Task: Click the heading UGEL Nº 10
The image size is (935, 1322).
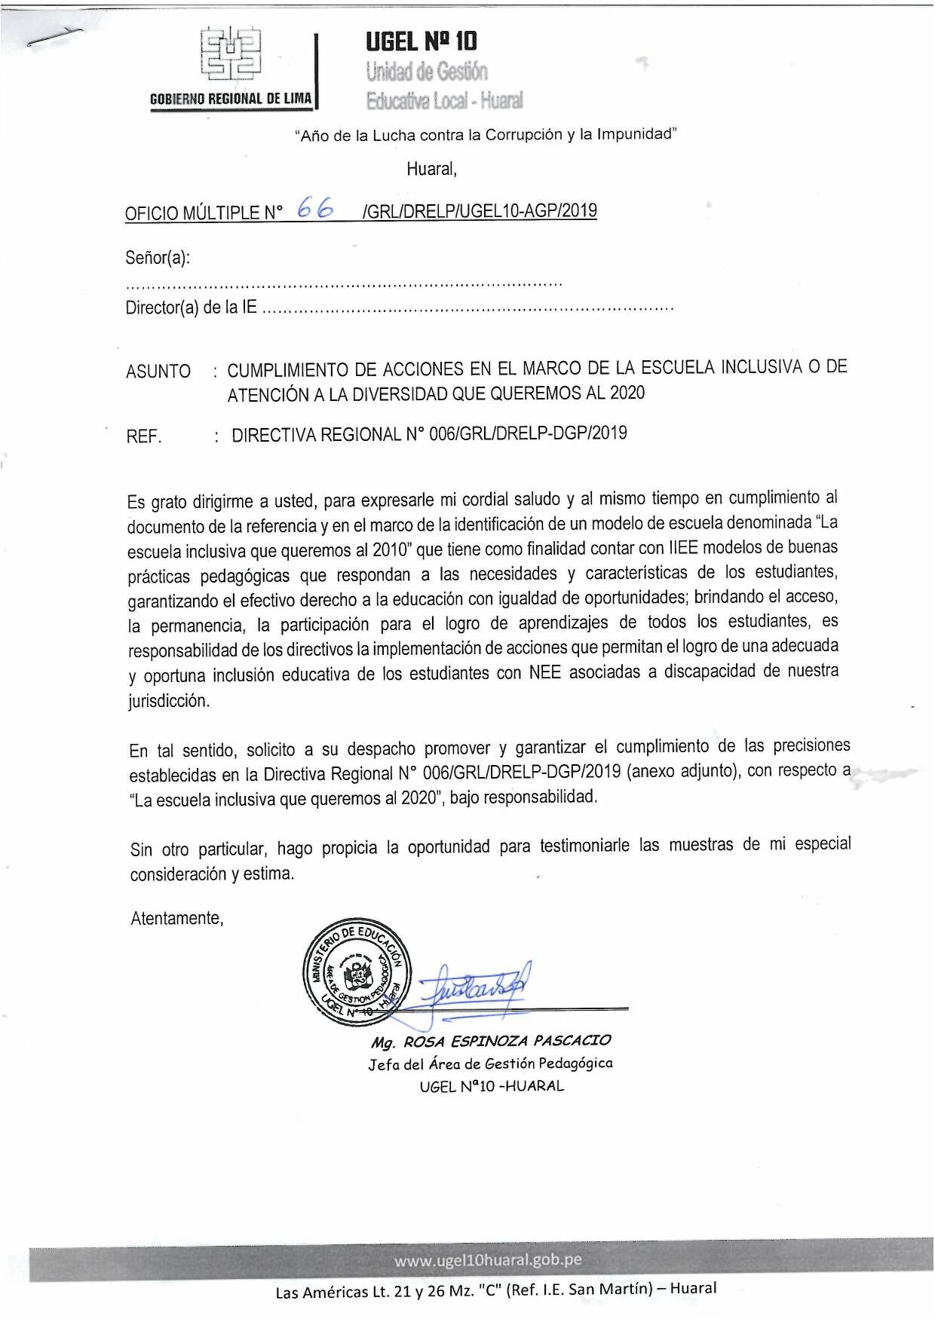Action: [421, 41]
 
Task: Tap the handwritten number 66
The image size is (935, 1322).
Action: [316, 208]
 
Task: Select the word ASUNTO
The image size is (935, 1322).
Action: [158, 372]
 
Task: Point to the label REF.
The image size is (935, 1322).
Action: [144, 436]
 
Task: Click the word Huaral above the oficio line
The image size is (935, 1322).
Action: [431, 169]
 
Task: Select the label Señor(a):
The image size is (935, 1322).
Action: [158, 259]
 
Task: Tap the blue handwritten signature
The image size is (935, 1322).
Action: [472, 984]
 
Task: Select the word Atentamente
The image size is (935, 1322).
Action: [176, 918]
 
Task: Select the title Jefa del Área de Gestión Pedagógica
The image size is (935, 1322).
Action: [490, 1063]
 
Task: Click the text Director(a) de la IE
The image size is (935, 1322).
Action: [191, 308]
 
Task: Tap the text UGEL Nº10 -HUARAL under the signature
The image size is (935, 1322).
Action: [492, 1086]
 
